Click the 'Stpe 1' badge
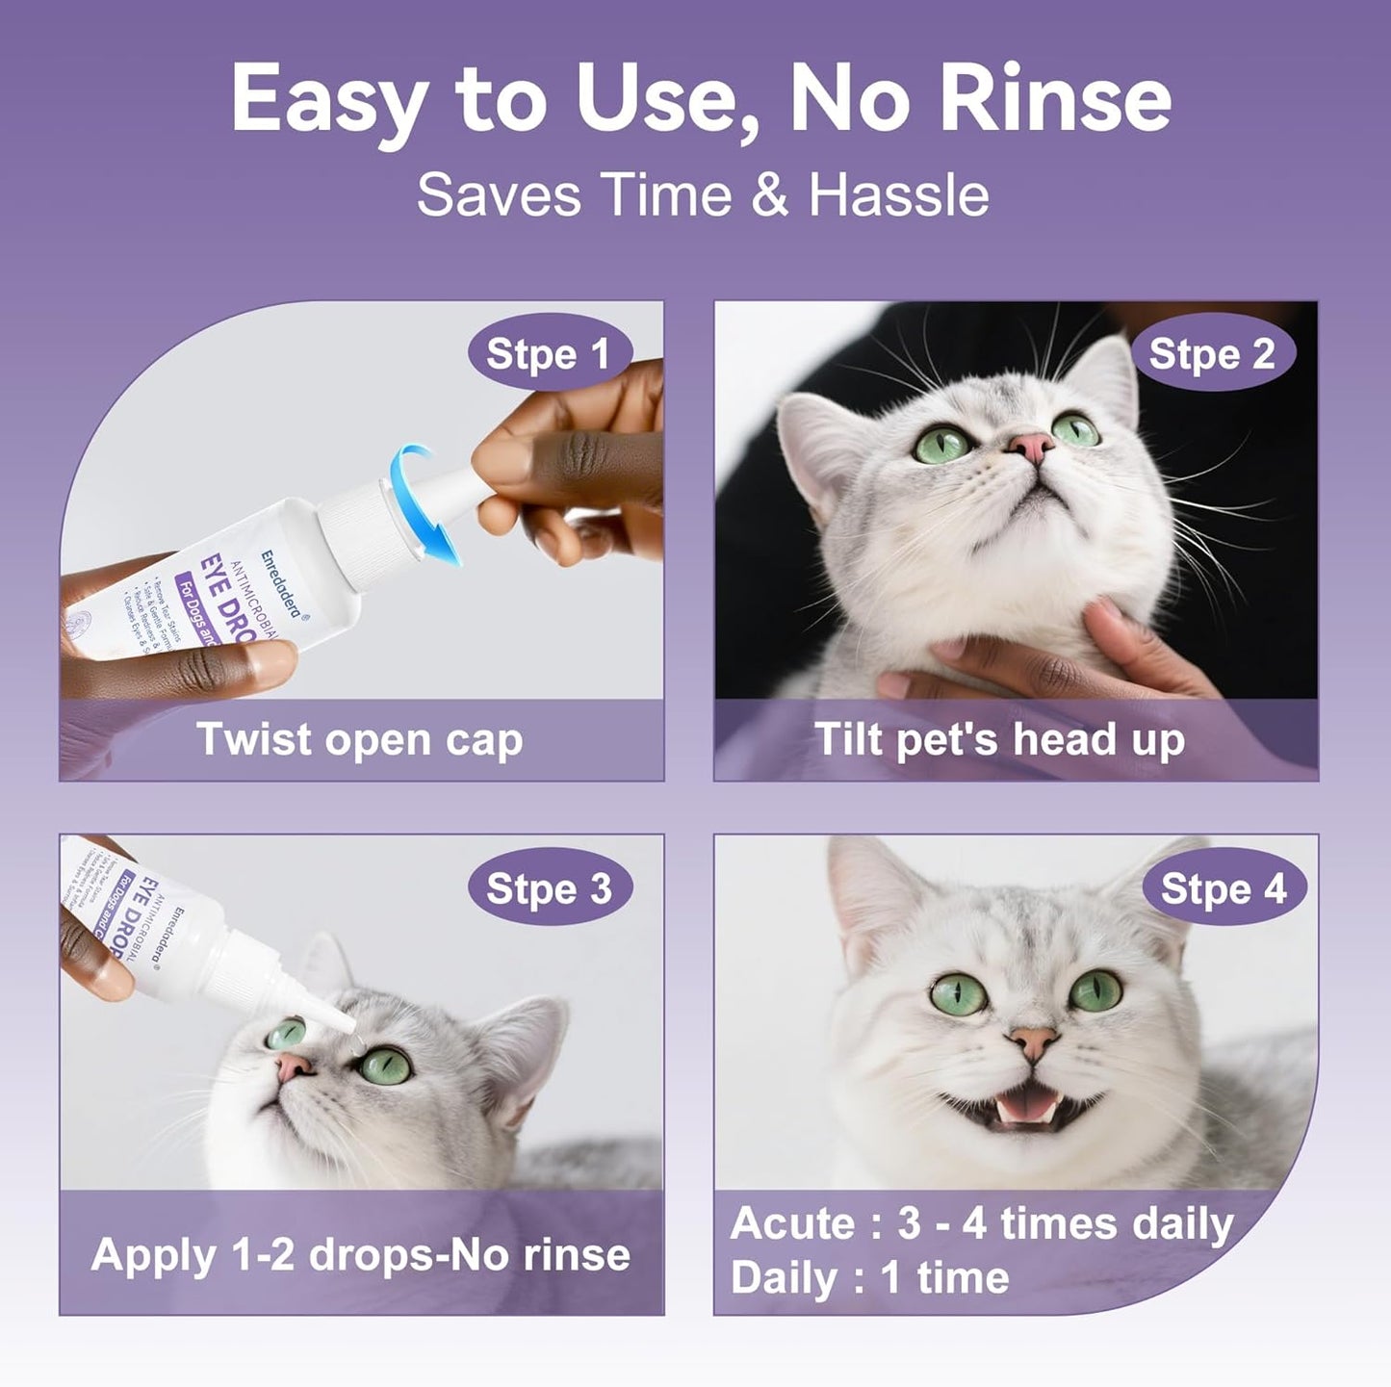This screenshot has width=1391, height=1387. pos(549,354)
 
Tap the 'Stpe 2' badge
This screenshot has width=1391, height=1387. pos(1211,354)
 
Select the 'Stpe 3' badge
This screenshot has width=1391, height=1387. pos(549,888)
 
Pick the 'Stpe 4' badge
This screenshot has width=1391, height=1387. pos(1223,888)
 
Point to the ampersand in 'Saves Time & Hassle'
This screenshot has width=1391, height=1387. pos(769,195)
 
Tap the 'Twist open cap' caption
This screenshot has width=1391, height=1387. pos(360,739)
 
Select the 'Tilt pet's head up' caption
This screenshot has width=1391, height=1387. pos(999,739)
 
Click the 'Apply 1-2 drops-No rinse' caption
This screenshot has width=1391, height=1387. pos(360,1254)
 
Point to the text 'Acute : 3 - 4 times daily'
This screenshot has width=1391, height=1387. pos(982,1224)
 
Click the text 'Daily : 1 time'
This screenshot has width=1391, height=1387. pos(869,1278)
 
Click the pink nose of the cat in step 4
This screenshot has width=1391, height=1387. pos(1032,1040)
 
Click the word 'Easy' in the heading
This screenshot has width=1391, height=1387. pos(329,100)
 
